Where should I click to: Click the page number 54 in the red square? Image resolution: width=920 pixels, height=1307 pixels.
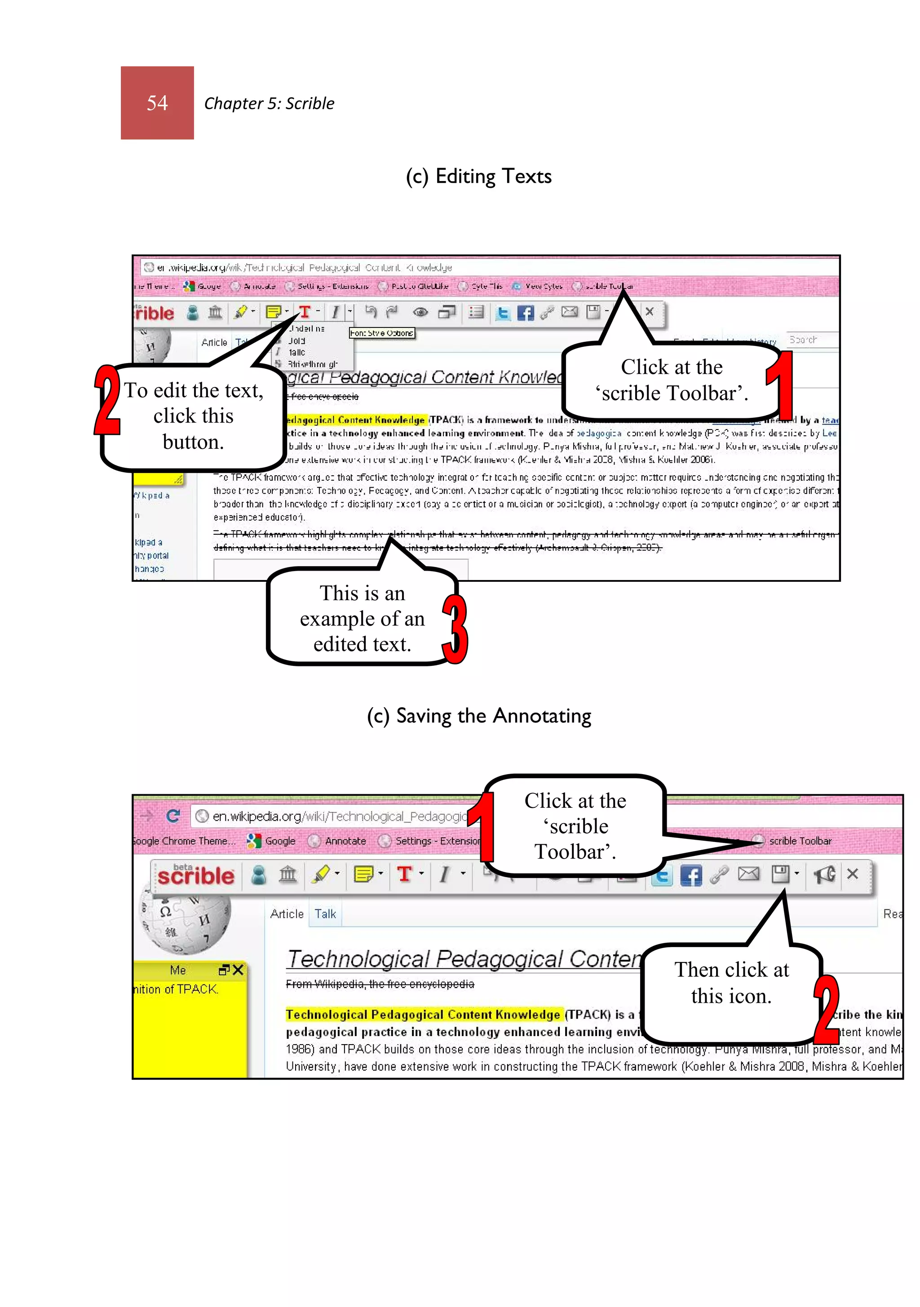click(x=157, y=103)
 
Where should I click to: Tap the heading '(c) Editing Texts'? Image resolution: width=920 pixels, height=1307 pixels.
click(x=478, y=177)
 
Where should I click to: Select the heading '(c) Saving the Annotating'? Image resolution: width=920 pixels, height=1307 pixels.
click(x=478, y=716)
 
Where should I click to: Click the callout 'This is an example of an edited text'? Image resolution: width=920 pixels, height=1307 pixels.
click(x=362, y=619)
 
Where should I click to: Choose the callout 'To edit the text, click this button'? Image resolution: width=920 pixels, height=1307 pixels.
click(x=194, y=416)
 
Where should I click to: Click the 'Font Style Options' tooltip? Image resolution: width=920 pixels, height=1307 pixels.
click(x=381, y=333)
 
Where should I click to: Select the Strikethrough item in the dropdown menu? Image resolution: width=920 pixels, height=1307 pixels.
click(x=312, y=364)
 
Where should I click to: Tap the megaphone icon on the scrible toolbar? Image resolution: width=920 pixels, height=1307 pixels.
click(x=824, y=874)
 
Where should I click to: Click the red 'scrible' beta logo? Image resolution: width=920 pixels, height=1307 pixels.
click(x=195, y=875)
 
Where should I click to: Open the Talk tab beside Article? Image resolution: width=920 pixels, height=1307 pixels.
click(x=325, y=914)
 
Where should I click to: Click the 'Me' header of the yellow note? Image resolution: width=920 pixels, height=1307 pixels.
click(x=177, y=970)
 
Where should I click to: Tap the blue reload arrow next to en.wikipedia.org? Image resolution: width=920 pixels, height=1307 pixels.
click(x=173, y=816)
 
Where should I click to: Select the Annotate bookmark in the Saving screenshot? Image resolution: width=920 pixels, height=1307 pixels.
click(x=345, y=841)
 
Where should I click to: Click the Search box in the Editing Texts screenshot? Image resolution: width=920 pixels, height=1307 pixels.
click(x=812, y=340)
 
